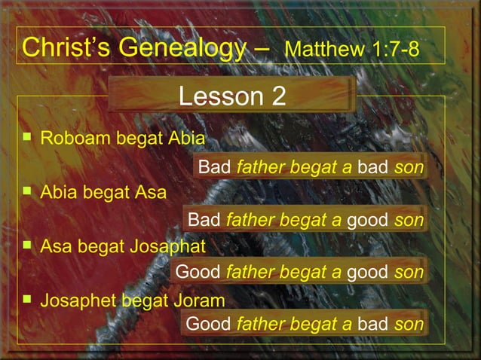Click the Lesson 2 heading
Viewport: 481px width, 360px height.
pyautogui.click(x=232, y=96)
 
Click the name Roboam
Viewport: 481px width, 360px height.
pyautogui.click(x=73, y=139)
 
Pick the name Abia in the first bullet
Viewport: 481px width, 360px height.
pyautogui.click(x=186, y=139)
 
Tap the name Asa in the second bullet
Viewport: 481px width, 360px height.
pyautogui.click(x=150, y=191)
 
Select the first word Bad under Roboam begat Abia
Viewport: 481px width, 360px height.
pyautogui.click(x=214, y=166)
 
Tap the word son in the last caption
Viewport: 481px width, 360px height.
pyautogui.click(x=409, y=325)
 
